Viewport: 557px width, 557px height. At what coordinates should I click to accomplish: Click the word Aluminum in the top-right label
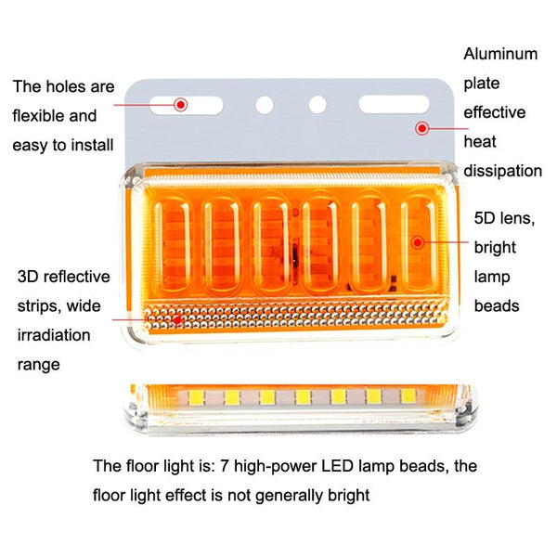point(500,54)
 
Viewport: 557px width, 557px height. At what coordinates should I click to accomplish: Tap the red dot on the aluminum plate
point(422,129)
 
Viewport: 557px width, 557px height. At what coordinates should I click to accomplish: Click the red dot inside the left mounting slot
point(181,104)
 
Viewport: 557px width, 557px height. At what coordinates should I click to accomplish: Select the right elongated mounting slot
point(394,104)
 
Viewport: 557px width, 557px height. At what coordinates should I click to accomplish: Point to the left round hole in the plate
point(265,105)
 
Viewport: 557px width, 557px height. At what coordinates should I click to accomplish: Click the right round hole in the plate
point(317,105)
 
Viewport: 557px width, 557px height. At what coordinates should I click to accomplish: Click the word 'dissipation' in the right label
point(503,171)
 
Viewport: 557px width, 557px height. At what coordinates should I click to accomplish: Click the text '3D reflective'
point(63,277)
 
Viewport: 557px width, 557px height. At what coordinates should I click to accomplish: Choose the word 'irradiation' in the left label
point(54,334)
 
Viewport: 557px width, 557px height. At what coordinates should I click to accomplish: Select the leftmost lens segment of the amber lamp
point(171,243)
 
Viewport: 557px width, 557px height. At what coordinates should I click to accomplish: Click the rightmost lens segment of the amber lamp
point(419,243)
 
